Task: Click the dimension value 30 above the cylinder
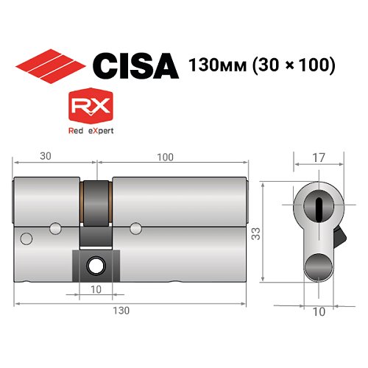tap(46, 157)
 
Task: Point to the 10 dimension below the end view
tap(319, 311)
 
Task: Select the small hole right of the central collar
tap(135, 227)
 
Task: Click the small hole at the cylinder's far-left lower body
tap(26, 238)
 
